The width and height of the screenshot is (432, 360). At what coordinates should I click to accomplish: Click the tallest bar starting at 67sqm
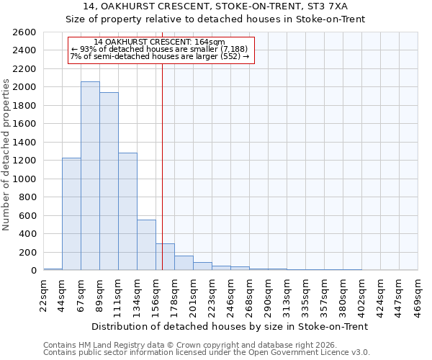tap(90, 176)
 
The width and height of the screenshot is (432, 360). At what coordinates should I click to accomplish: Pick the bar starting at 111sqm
tap(127, 212)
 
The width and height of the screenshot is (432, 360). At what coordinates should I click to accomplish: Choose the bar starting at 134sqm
tap(146, 245)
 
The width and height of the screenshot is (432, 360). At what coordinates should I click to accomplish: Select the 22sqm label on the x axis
tap(43, 292)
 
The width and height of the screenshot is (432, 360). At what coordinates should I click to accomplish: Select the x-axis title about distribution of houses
tap(230, 326)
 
